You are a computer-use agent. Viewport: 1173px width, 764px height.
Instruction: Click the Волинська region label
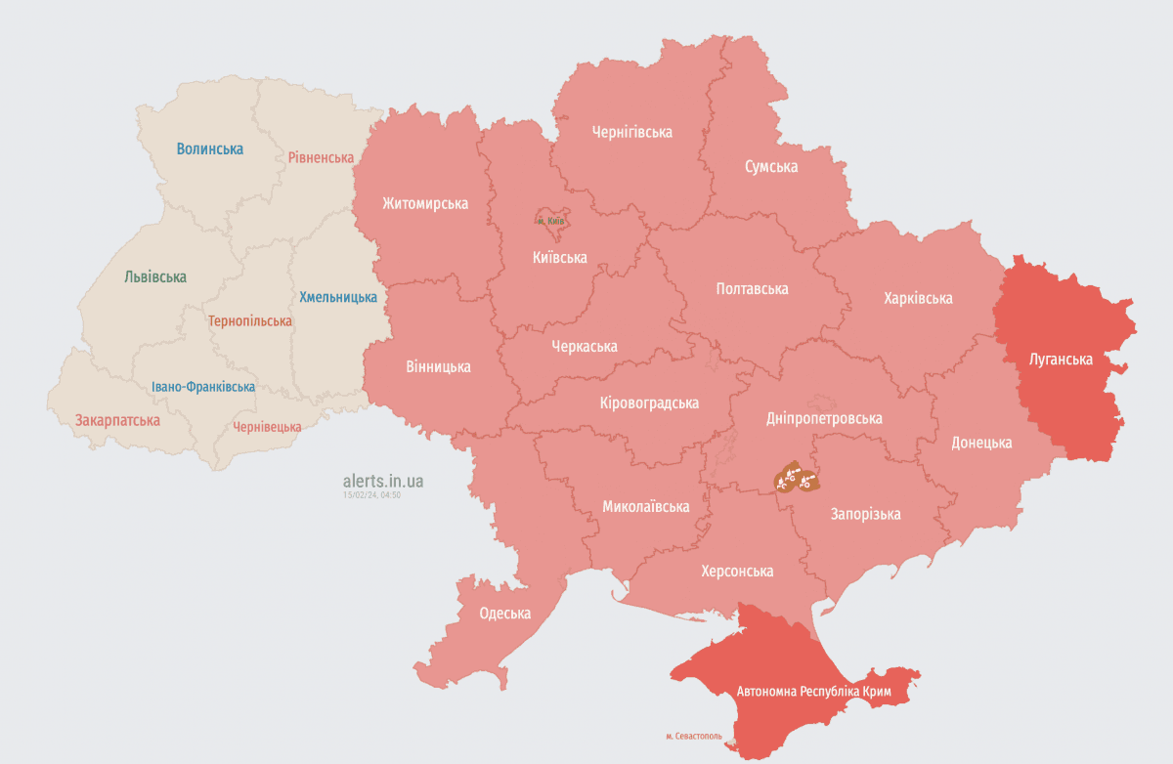pyautogui.click(x=209, y=149)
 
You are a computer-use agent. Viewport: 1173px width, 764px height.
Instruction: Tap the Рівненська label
pyautogui.click(x=321, y=157)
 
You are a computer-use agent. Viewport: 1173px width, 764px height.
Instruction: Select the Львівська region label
pyautogui.click(x=155, y=277)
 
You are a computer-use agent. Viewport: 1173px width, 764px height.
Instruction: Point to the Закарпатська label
pyautogui.click(x=117, y=420)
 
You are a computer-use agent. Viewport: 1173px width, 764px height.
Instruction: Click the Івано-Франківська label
pyautogui.click(x=203, y=387)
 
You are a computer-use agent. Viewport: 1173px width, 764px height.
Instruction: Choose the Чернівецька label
pyautogui.click(x=267, y=427)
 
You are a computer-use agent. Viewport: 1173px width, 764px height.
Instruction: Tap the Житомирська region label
pyautogui.click(x=425, y=204)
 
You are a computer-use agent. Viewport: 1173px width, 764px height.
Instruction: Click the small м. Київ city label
pyautogui.click(x=551, y=222)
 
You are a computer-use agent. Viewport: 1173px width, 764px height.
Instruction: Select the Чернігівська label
pyautogui.click(x=632, y=132)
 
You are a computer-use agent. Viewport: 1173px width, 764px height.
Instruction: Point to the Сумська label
pyautogui.click(x=771, y=166)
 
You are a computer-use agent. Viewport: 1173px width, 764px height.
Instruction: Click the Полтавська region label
pyautogui.click(x=752, y=289)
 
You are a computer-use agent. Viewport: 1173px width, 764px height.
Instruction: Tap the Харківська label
pyautogui.click(x=918, y=298)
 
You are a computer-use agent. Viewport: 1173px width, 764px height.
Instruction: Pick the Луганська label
pyautogui.click(x=1061, y=360)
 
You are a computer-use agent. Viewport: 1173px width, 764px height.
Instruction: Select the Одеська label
pyautogui.click(x=505, y=614)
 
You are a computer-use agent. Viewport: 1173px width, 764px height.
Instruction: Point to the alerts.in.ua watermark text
pyautogui.click(x=383, y=481)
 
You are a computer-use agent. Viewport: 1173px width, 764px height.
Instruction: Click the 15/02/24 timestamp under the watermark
pyautogui.click(x=371, y=495)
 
